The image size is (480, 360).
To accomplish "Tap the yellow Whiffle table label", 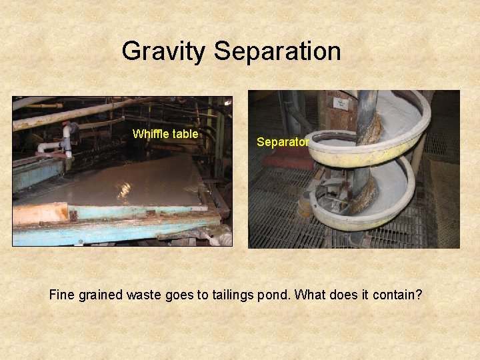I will pos(165,134).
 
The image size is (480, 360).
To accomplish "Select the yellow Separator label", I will pos(283,142).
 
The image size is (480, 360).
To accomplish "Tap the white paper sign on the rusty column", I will pos(343,103).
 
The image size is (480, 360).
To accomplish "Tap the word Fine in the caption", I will pos(62,295).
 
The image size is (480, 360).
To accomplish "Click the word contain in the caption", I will pos(397,295).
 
